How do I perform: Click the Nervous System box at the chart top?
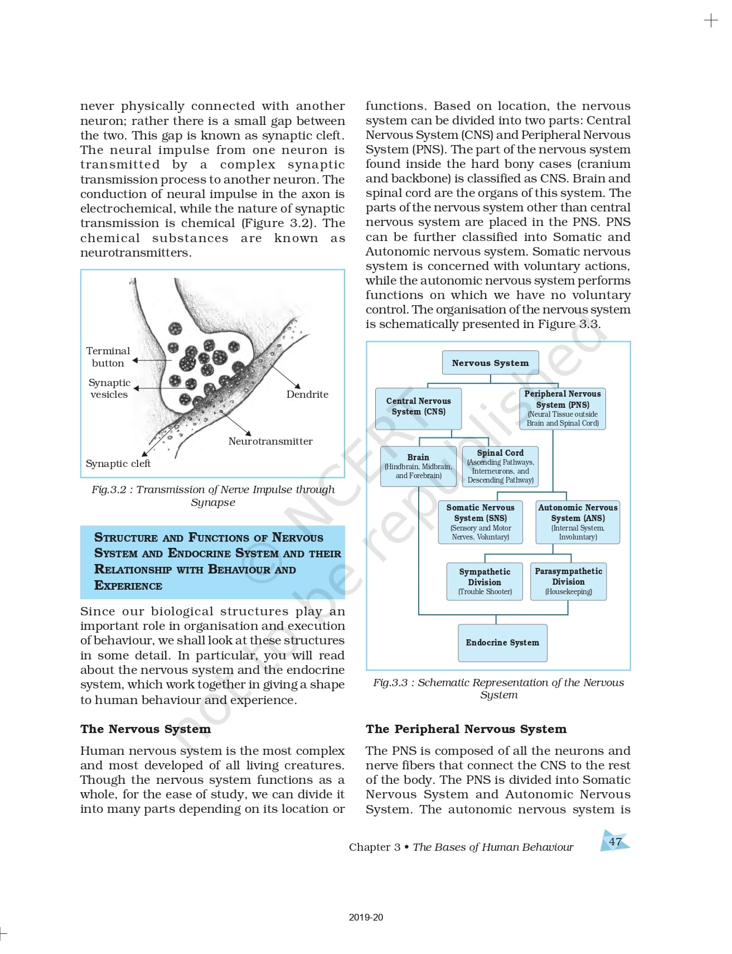(490, 363)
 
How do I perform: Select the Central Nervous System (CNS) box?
(418, 407)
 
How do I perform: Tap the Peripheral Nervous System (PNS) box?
(562, 408)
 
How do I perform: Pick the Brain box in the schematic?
(418, 466)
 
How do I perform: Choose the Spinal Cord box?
(500, 466)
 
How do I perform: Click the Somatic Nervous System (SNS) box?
(480, 522)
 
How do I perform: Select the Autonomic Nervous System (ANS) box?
(578, 522)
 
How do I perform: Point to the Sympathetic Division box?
(484, 581)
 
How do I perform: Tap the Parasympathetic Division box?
(568, 581)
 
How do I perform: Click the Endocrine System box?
(502, 643)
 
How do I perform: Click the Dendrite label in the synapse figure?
(307, 394)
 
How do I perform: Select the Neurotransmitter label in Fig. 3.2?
(270, 441)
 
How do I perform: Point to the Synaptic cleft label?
(118, 464)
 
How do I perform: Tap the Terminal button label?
(108, 357)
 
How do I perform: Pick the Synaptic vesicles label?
(109, 388)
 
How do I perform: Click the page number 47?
(615, 842)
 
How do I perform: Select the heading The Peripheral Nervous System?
(466, 729)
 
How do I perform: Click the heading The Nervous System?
(146, 729)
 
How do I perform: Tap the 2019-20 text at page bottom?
(366, 917)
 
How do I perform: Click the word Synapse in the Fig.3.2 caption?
(213, 503)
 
